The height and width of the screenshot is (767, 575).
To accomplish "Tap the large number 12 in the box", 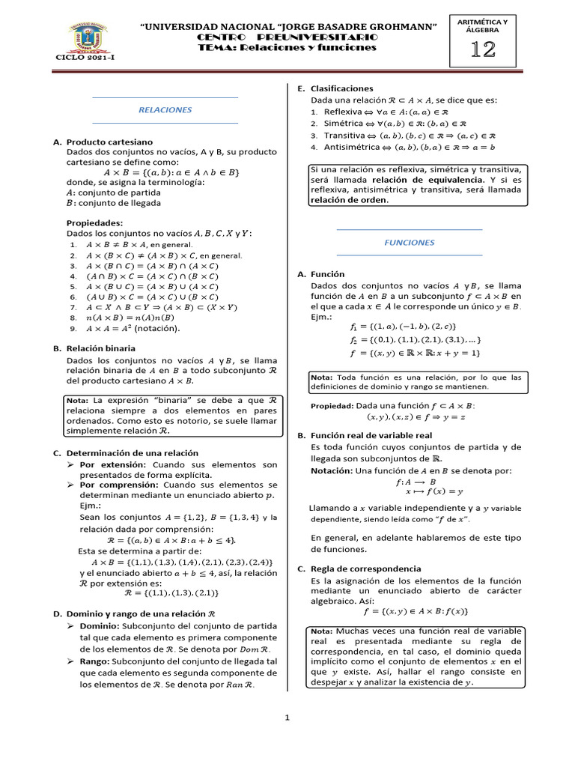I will click(487, 50).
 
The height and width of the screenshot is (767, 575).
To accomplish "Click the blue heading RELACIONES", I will click(165, 109).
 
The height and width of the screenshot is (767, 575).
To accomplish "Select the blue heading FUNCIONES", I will click(410, 243).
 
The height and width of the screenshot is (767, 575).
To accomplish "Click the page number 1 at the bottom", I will click(287, 718).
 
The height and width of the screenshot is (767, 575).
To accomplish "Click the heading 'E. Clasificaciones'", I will click(336, 88).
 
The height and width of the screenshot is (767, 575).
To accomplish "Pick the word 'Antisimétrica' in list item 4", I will click(351, 148).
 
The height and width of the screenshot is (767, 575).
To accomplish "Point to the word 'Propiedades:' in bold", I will click(95, 222).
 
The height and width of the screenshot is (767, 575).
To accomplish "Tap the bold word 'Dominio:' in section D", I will click(104, 625).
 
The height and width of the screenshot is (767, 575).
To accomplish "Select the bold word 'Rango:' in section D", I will click(100, 661).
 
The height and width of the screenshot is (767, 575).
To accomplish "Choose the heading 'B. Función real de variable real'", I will click(368, 435).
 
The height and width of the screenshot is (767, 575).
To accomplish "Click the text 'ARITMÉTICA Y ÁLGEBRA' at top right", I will click(487, 25).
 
